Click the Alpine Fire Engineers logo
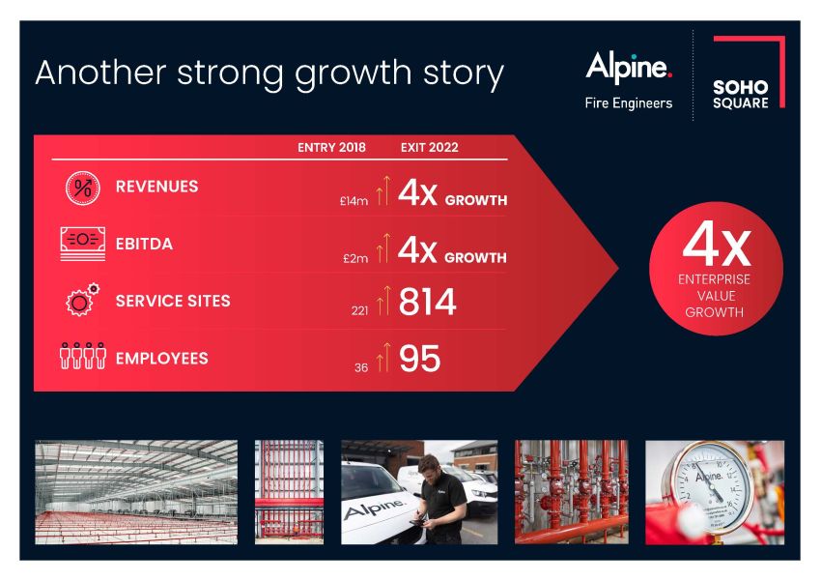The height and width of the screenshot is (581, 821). click(x=629, y=80)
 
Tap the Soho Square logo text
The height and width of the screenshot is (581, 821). click(x=741, y=95)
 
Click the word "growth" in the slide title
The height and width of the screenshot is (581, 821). click(x=354, y=73)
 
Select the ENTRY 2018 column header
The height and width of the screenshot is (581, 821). click(x=331, y=147)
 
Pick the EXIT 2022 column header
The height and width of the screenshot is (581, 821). click(x=430, y=147)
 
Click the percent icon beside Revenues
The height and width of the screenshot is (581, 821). click(x=83, y=188)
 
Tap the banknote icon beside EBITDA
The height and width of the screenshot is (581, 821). click(x=83, y=244)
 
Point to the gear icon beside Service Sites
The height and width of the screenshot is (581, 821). click(x=82, y=300)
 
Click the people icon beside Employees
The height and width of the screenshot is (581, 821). click(x=83, y=357)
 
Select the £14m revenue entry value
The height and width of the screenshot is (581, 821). click(x=354, y=201)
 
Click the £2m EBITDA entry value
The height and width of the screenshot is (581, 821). click(x=355, y=258)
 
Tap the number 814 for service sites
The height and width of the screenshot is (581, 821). click(x=427, y=302)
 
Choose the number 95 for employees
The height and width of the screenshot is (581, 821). click(x=419, y=359)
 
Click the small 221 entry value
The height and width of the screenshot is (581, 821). click(x=359, y=310)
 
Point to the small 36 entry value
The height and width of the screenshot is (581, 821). click(x=361, y=367)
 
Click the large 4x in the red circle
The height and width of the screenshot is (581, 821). click(x=717, y=245)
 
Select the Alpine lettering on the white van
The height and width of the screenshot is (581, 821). click(x=374, y=508)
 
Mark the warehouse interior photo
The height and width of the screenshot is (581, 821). click(x=136, y=492)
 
